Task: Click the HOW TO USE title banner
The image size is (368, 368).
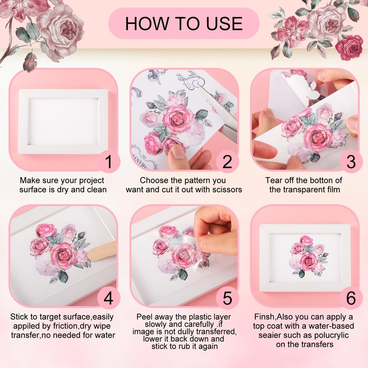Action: click(184, 23)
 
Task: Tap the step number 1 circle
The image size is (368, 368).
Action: click(109, 162)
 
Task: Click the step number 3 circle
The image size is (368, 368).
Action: click(351, 162)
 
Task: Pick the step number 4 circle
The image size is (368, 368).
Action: click(109, 298)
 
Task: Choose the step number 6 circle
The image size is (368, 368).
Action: click(351, 298)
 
